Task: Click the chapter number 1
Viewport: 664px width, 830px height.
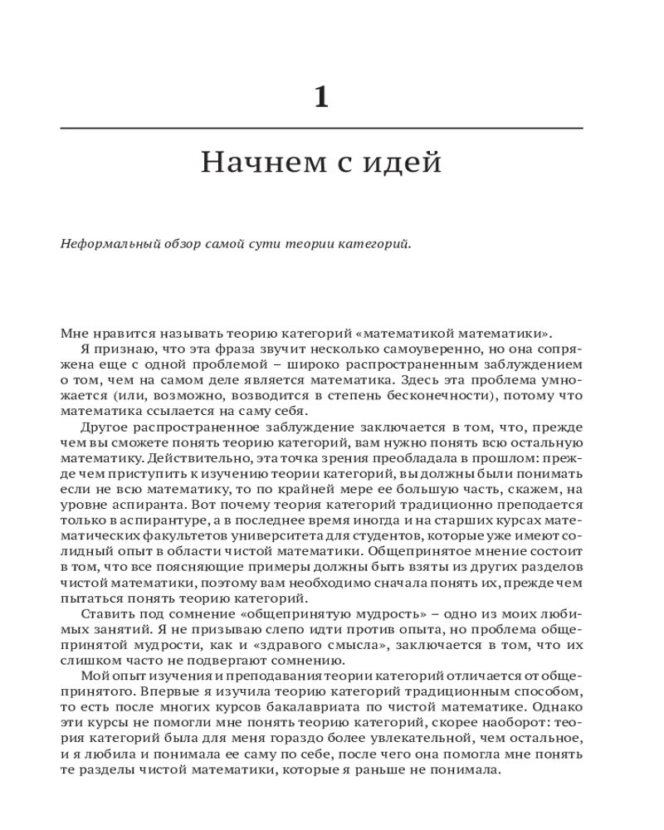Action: [322, 98]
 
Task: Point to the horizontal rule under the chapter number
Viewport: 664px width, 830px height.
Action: [322, 128]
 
